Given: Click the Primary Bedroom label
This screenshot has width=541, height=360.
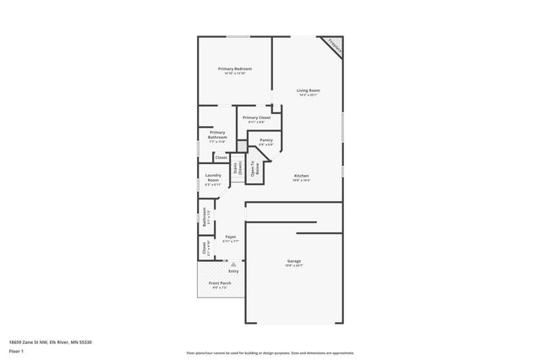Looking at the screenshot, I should coord(235,68).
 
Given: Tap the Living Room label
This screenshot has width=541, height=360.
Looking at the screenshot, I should coord(308,90).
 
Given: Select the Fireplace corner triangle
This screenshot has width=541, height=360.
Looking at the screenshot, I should coord(335,46).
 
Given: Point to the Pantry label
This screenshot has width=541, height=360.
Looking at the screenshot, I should coord(265,140).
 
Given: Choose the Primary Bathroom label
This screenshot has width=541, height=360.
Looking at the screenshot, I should coord(217,134).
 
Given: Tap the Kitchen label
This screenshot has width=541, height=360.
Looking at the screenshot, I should coord(302,176).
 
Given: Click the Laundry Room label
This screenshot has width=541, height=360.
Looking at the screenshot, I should coord(213,177).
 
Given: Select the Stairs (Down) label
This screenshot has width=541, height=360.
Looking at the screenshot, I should coord(238,167).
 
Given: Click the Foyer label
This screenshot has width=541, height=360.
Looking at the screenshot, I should coord(230,237).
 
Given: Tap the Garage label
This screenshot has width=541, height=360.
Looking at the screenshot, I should coord(293,261).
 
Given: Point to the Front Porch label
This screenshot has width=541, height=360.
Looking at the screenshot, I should coord(219,283).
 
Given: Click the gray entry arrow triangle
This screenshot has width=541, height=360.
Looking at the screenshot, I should coord(234,264).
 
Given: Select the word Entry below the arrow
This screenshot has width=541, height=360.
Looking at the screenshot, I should coord(233,271).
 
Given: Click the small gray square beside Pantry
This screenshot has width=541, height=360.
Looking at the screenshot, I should coord(242,146).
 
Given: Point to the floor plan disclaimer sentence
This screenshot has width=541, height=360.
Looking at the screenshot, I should coord(270,352).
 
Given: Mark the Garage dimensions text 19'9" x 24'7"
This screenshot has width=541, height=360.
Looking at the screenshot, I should coord(293,266).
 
